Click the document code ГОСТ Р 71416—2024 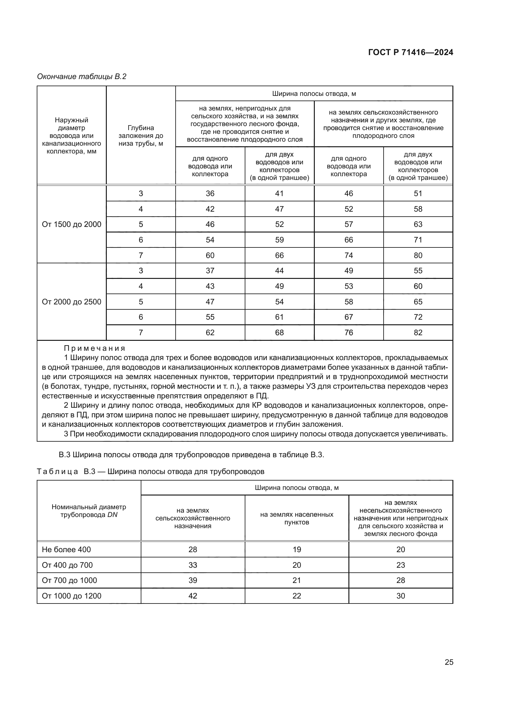point(411,53)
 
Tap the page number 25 point(449,662)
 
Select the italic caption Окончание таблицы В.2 point(82,77)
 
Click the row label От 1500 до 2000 point(71,224)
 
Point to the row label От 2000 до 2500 point(71,302)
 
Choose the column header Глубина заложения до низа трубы point(141,135)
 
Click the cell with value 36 point(210,193)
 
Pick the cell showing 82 point(418,333)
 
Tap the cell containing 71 point(418,240)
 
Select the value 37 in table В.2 point(210,271)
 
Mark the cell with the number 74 point(348,256)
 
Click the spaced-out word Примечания point(95,349)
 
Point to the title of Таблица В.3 point(150,472)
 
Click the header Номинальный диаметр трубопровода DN point(89,511)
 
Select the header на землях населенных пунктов point(296,518)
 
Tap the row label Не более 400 point(66,549)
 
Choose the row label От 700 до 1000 point(69,580)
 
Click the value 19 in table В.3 point(296,549)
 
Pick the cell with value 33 point(192,565)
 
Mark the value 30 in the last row point(400,596)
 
